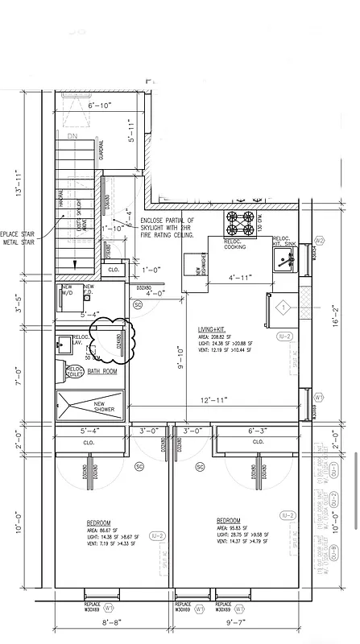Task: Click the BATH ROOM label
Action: click(103, 371)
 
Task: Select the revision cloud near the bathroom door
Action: click(106, 336)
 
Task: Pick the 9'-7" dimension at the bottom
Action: click(242, 622)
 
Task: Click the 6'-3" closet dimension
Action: click(257, 431)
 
